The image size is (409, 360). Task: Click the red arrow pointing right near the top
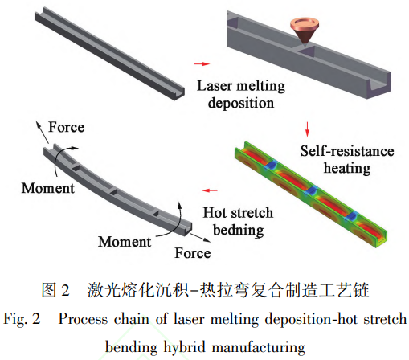(x=202, y=63)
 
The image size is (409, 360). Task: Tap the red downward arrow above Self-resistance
(x=307, y=129)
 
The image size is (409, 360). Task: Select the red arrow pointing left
(x=210, y=190)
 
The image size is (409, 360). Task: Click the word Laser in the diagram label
(x=215, y=86)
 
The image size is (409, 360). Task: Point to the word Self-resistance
(x=347, y=151)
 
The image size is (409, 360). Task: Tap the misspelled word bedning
(x=239, y=231)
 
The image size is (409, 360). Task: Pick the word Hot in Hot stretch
(x=215, y=213)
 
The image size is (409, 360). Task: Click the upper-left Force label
(x=67, y=127)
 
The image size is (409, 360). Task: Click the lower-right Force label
(x=193, y=253)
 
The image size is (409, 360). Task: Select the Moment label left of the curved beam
(x=48, y=188)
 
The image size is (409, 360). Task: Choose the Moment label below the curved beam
(x=125, y=242)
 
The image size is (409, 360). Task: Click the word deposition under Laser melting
(x=241, y=103)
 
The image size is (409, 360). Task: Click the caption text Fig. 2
(x=22, y=319)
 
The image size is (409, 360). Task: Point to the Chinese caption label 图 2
(x=55, y=290)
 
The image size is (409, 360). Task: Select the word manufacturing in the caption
(x=259, y=347)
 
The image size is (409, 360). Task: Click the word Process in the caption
(x=84, y=319)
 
